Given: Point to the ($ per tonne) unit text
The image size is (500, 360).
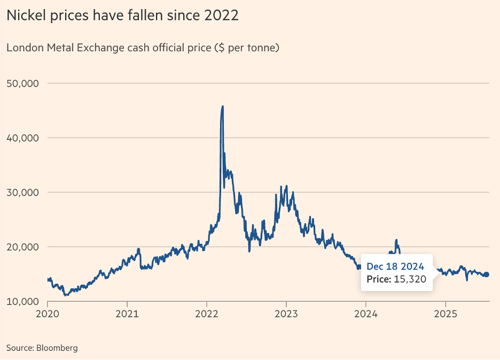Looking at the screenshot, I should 247,48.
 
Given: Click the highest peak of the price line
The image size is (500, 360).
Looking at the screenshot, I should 222,106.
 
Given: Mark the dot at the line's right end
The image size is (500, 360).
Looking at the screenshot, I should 486,275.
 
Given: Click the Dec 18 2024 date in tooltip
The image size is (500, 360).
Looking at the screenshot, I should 395,267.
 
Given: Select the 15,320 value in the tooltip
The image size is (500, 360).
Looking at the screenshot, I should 413,279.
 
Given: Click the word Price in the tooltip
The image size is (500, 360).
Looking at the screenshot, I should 378,279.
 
